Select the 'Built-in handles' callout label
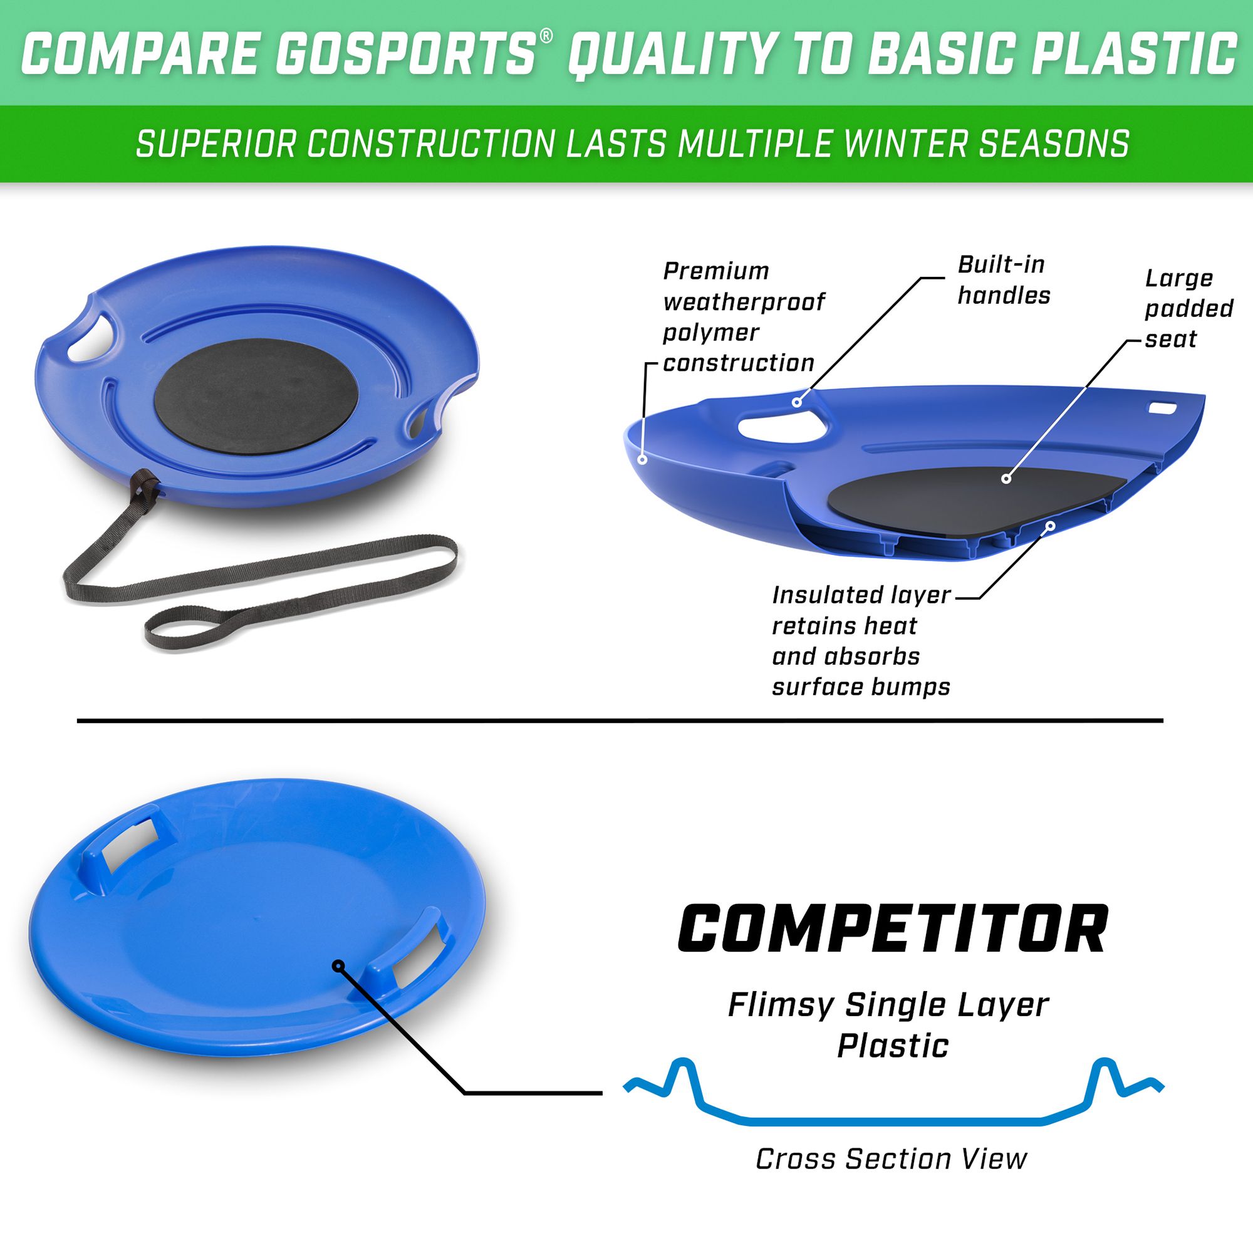click(x=1003, y=280)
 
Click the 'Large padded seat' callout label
click(x=1188, y=309)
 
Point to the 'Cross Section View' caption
click(x=891, y=1159)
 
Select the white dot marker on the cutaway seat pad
click(x=1006, y=479)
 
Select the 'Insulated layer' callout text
click(x=861, y=595)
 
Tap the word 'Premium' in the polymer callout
click(x=715, y=271)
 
